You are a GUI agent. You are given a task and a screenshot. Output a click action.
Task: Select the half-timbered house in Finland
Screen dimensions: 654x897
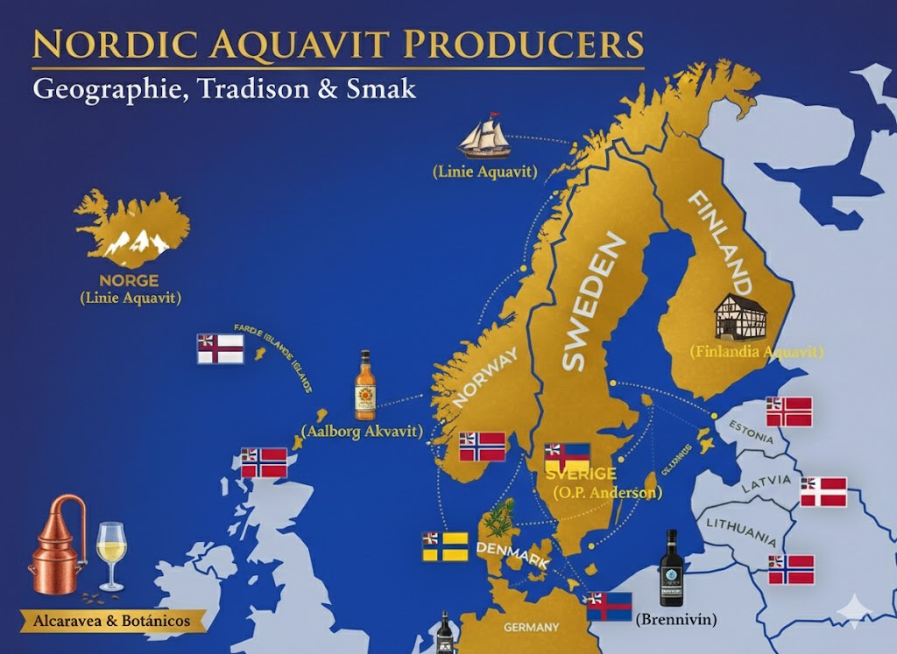coord(740,316)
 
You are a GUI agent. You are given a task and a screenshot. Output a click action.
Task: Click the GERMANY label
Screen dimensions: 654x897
coord(531,628)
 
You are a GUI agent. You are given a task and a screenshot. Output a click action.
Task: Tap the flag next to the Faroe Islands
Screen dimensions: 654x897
coord(219,348)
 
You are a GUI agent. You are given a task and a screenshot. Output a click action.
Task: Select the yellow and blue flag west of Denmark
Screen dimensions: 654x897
coord(444,546)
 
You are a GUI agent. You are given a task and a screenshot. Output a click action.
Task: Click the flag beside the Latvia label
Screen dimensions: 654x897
coord(823,492)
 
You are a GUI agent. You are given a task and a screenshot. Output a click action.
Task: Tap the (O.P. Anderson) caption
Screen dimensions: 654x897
coord(607,493)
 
